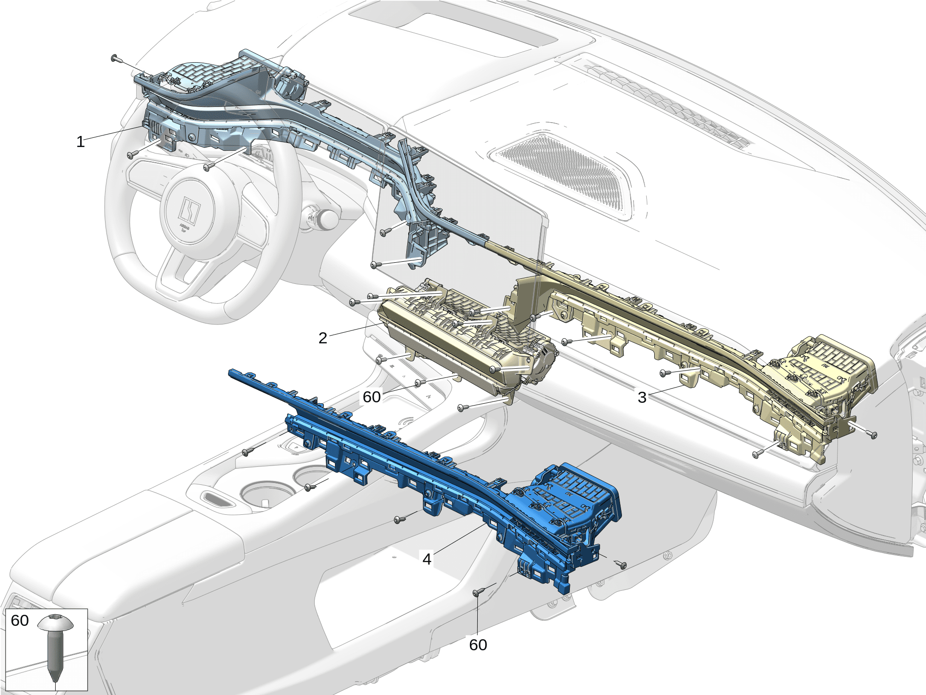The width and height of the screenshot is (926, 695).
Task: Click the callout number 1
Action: (81, 142)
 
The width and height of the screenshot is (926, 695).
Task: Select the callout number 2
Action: (323, 338)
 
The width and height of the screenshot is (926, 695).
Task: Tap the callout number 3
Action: (642, 397)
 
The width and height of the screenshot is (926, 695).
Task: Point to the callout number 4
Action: (427, 559)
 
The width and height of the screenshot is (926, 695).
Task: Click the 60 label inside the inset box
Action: (20, 620)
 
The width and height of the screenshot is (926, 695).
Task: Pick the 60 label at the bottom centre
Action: (478, 645)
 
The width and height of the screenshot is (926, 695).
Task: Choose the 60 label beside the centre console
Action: (372, 397)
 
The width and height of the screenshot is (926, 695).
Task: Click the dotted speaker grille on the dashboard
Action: (564, 173)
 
